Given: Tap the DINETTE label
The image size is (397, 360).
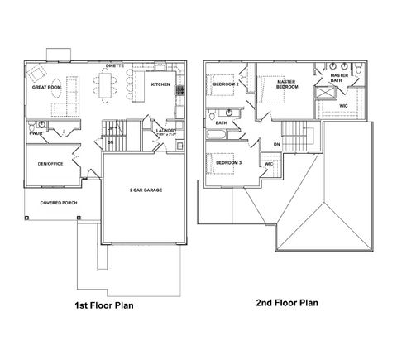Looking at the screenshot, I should pyautogui.click(x=115, y=65).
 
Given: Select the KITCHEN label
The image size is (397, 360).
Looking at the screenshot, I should pyautogui.click(x=160, y=84).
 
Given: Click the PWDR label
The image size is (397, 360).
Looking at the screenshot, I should pyautogui.click(x=36, y=132).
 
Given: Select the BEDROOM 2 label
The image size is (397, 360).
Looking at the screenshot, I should pyautogui.click(x=226, y=84).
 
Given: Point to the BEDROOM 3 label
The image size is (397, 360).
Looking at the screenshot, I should pyautogui.click(x=228, y=163).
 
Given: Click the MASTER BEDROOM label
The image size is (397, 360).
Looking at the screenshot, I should pyautogui.click(x=287, y=84).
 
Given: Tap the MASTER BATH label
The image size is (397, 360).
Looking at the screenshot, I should pyautogui.click(x=339, y=77).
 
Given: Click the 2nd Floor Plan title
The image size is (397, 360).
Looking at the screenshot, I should pyautogui.click(x=287, y=303).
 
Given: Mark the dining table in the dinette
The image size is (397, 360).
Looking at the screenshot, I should pyautogui.click(x=104, y=83).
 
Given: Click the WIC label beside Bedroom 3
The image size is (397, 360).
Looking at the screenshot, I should pyautogui.click(x=269, y=164).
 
